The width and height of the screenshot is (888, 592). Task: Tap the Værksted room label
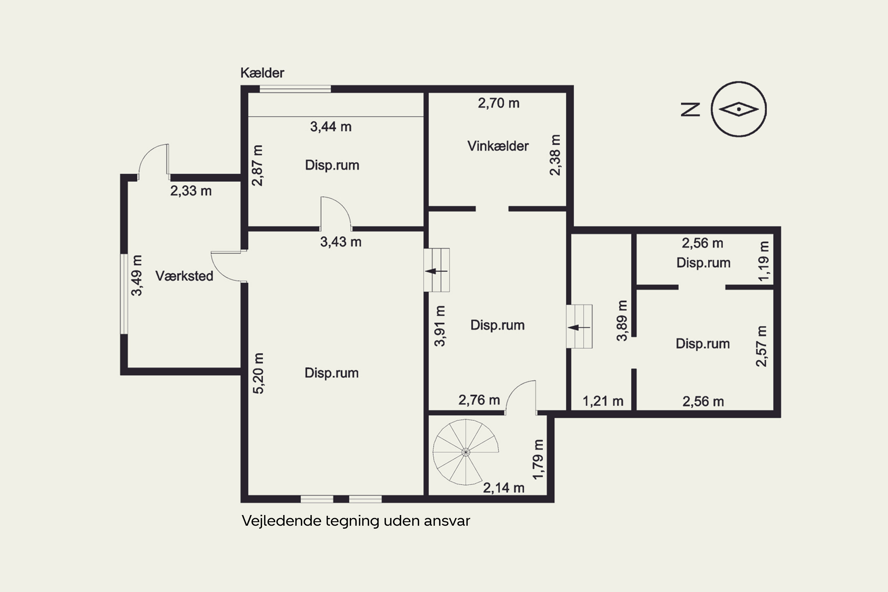(x=184, y=276)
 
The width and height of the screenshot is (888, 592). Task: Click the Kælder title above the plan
(x=262, y=73)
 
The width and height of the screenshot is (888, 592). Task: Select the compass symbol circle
(x=739, y=109)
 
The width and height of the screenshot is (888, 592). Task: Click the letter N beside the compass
(x=690, y=110)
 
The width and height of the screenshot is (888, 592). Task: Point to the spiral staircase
(x=466, y=452)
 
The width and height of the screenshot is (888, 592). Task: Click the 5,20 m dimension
(x=258, y=373)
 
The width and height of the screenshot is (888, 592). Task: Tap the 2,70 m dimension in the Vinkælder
(x=498, y=103)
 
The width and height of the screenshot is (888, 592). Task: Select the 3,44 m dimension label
(x=331, y=127)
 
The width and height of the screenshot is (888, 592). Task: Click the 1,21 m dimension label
(x=603, y=401)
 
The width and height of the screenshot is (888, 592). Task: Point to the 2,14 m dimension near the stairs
(x=504, y=488)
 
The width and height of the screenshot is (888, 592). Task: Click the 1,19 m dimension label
(x=763, y=261)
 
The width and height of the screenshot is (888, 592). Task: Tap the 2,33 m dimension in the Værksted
(x=191, y=191)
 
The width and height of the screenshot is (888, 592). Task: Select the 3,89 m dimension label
(x=622, y=321)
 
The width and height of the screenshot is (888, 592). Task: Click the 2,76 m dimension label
(x=479, y=400)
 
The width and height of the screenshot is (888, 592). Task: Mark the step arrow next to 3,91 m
(x=436, y=271)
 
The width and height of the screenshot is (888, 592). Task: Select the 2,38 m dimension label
(x=555, y=155)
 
